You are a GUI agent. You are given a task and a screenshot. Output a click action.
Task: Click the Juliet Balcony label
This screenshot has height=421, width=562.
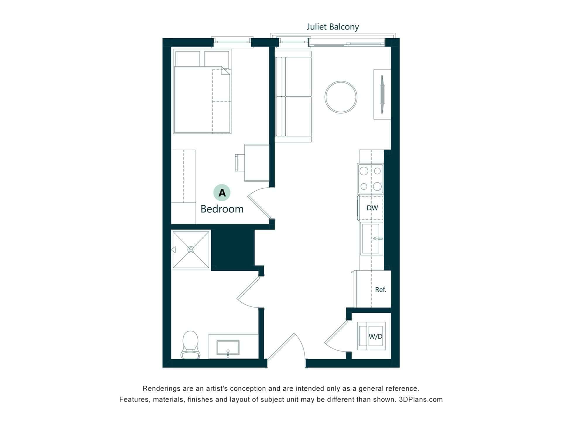pyautogui.click(x=333, y=27)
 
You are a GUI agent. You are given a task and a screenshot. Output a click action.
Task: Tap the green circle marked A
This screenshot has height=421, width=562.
pyautogui.click(x=222, y=193)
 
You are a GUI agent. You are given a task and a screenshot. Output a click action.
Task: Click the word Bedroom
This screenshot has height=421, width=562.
pyautogui.click(x=222, y=209)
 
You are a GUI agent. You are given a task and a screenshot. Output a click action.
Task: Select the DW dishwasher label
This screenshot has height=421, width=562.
pyautogui.click(x=372, y=208)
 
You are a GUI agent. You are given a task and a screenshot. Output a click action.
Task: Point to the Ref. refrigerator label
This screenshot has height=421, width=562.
pyautogui.click(x=381, y=289)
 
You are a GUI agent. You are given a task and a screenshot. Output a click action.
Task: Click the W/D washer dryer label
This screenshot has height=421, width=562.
pyautogui.click(x=375, y=337)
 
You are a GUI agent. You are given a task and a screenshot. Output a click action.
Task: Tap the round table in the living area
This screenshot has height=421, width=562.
pyautogui.click(x=341, y=97)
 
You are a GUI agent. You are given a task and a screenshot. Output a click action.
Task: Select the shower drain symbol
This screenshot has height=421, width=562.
pyautogui.click(x=191, y=250)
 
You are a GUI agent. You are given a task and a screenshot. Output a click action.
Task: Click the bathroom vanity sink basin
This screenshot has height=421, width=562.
pyautogui.click(x=228, y=348)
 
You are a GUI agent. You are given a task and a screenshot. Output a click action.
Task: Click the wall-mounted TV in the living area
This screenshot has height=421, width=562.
pyautogui.click(x=382, y=94)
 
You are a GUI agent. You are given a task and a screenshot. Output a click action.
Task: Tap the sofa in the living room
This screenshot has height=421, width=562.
pyautogui.click(x=293, y=97)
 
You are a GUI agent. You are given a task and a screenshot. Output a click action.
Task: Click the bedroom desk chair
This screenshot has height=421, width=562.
pyautogui.click(x=239, y=163)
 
